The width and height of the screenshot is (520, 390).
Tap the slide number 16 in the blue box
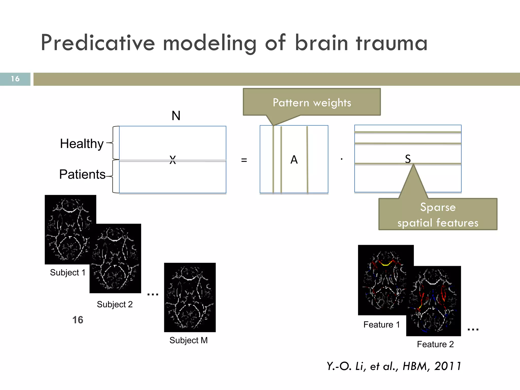click(15, 79)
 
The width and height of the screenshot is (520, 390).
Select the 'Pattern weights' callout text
click(312, 103)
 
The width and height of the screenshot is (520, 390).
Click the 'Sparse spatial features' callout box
click(438, 215)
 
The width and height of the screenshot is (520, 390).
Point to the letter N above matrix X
click(176, 116)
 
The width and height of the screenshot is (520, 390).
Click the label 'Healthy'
click(82, 144)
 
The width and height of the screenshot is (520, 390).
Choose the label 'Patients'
click(82, 174)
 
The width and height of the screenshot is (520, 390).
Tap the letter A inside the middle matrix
click(294, 160)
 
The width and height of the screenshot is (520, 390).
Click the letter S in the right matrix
click(408, 159)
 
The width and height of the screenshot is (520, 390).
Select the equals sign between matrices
click(244, 160)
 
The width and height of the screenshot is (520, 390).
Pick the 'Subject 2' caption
click(115, 304)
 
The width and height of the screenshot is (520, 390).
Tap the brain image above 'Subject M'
click(190, 297)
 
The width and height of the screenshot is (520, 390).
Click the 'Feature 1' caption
click(381, 324)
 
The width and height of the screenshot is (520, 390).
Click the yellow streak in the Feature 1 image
click(385, 264)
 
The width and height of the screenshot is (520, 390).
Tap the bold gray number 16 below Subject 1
click(78, 320)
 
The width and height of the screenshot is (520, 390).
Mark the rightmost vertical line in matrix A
click(307, 160)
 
